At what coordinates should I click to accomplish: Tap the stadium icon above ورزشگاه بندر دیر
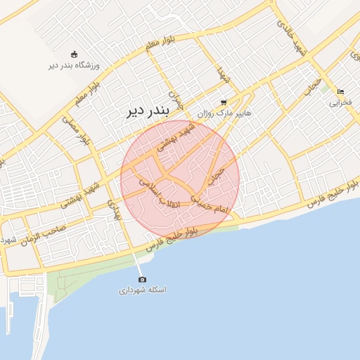(x=75, y=54)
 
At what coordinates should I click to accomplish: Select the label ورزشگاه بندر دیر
(x=75, y=65)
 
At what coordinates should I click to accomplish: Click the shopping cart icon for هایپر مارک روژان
(x=224, y=102)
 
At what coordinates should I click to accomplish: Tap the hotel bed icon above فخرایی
(x=340, y=92)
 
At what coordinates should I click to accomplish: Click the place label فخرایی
(x=340, y=103)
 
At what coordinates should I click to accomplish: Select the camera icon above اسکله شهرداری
(x=143, y=279)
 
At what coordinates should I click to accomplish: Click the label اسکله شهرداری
(x=143, y=290)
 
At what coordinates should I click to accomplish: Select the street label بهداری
(x=114, y=210)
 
